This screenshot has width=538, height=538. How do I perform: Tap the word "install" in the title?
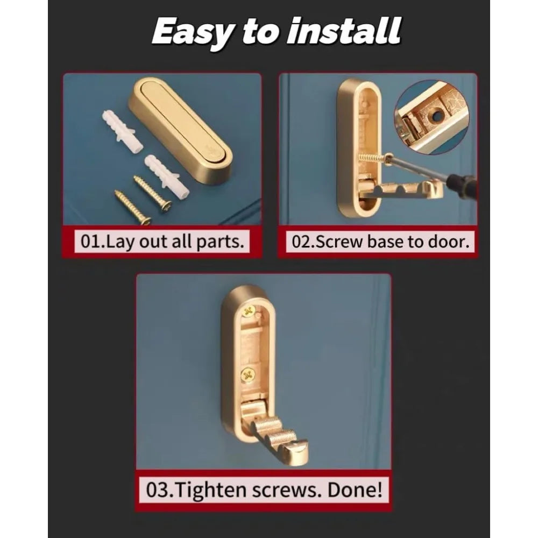(x=344, y=30)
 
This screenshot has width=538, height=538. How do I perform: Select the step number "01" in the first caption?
(x=90, y=242)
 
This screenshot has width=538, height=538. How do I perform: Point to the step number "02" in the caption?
(x=302, y=242)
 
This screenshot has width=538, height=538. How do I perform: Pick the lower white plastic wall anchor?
(x=167, y=175)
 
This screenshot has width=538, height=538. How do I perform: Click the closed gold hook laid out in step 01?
(x=180, y=130)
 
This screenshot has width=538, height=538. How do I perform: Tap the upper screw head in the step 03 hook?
(x=248, y=312)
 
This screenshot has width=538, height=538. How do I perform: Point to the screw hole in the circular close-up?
(x=436, y=117)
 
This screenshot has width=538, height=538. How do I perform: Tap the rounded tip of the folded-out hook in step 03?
(x=298, y=454)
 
